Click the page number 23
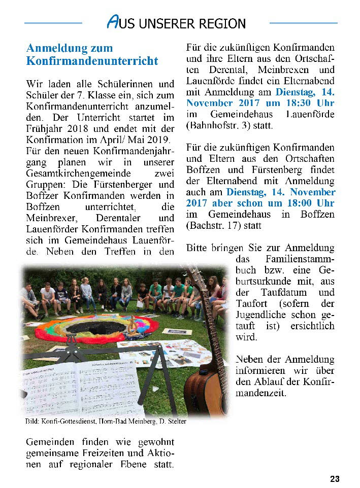[335, 479]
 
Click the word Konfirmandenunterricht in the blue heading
[92, 61]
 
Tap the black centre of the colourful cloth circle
[97, 328]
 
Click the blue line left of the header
[53, 23]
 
